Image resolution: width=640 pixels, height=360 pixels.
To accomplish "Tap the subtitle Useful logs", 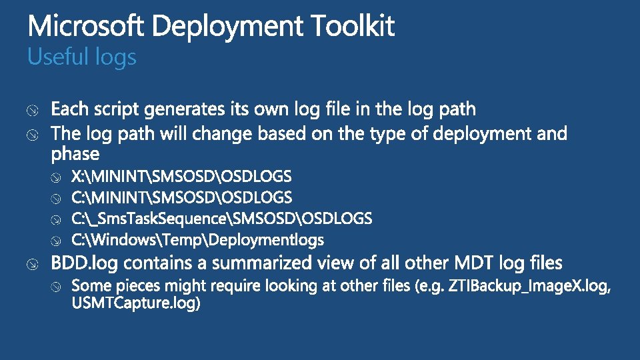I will (81, 57).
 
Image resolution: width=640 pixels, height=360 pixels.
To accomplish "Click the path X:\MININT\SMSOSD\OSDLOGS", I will (181, 177).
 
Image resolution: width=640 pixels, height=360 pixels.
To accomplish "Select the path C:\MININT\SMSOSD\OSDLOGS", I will (181, 197).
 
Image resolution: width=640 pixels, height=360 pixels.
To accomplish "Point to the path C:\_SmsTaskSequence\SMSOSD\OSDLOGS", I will (222, 218).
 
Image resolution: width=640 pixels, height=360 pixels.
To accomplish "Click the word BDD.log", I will (84, 263).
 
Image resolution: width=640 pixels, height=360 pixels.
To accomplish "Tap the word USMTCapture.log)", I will (135, 303).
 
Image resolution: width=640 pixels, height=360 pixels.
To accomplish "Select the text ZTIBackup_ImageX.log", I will (529, 286).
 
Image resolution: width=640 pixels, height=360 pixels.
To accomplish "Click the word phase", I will (75, 154).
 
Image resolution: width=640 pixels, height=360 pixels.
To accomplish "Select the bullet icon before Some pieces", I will (57, 287).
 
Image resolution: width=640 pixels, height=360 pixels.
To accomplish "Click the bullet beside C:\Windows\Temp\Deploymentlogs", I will (57, 240).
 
